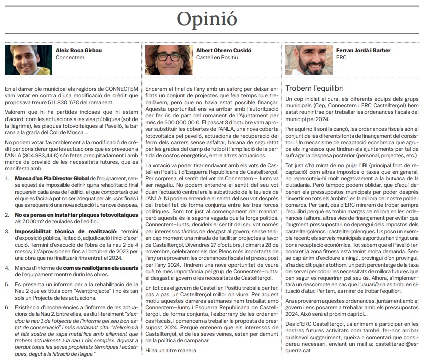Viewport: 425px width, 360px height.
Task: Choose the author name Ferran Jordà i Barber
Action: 357,51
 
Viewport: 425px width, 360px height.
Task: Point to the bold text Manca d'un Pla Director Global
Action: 48,178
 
